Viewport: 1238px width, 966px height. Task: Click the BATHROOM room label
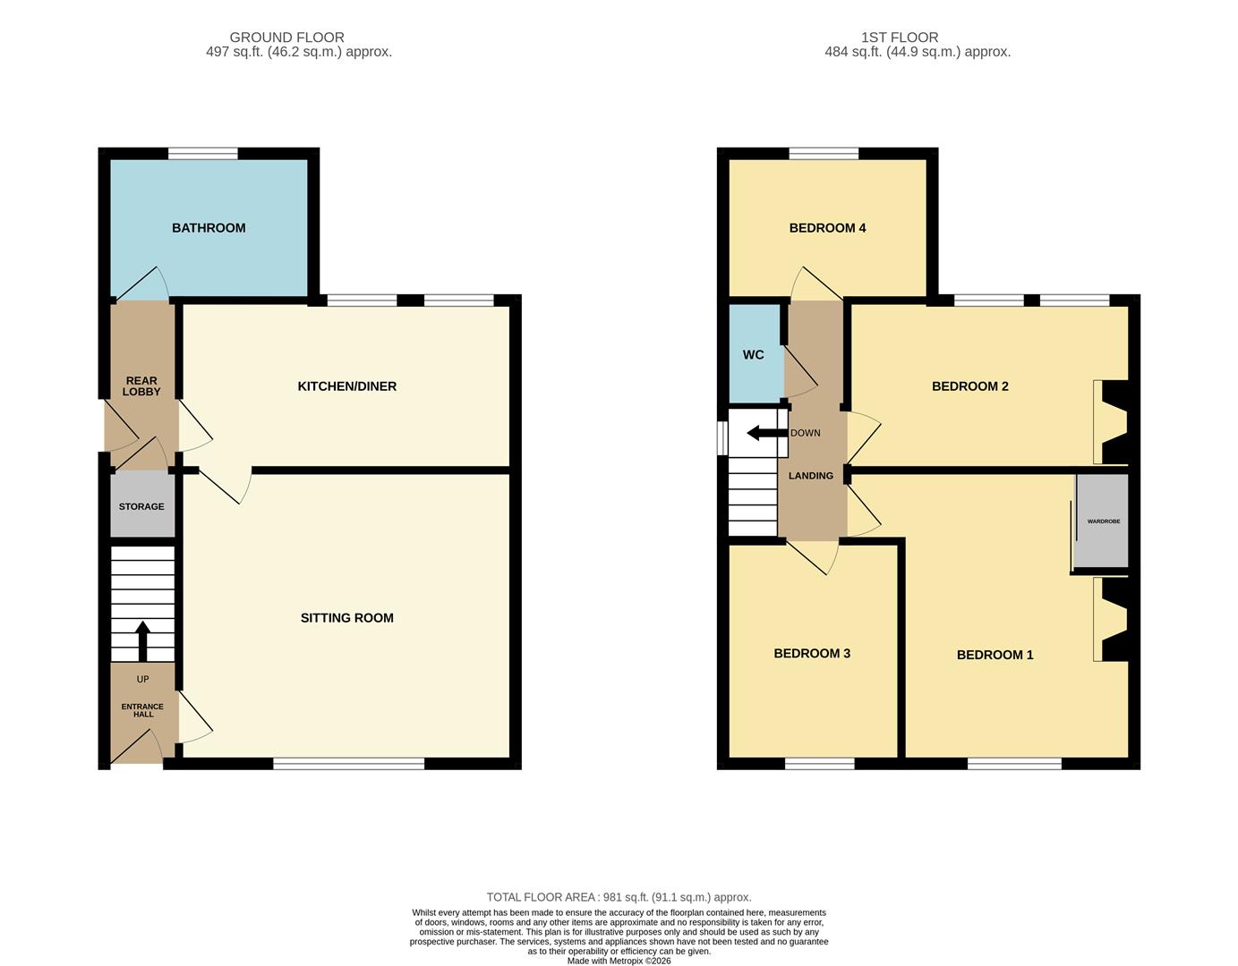pyautogui.click(x=209, y=228)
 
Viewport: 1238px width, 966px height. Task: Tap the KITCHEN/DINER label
pyautogui.click(x=347, y=386)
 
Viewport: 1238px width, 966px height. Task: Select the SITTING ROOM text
pyautogui.click(x=347, y=618)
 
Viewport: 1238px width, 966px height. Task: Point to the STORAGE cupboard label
pyautogui.click(x=141, y=506)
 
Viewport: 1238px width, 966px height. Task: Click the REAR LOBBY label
pyautogui.click(x=141, y=386)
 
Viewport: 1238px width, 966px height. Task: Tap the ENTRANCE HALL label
pyautogui.click(x=142, y=710)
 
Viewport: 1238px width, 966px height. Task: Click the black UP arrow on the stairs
pyautogui.click(x=142, y=640)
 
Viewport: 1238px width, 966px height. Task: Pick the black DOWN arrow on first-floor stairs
pyautogui.click(x=767, y=433)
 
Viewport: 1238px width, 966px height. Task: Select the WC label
pyautogui.click(x=753, y=354)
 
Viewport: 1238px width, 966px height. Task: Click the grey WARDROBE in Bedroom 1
pyautogui.click(x=1101, y=521)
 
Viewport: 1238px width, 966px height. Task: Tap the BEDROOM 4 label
pyautogui.click(x=827, y=228)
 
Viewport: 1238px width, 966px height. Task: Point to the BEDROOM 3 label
pyautogui.click(x=812, y=653)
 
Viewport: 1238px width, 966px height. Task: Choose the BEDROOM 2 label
pyautogui.click(x=969, y=386)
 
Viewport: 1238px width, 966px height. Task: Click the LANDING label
pyautogui.click(x=811, y=475)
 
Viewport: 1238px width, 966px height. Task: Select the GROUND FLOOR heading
pyautogui.click(x=286, y=38)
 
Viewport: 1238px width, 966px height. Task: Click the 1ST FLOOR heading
pyautogui.click(x=899, y=38)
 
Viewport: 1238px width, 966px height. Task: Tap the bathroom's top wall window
pyautogui.click(x=203, y=154)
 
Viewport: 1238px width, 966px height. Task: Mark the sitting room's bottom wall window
pyautogui.click(x=349, y=763)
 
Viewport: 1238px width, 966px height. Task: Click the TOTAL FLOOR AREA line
pyautogui.click(x=619, y=897)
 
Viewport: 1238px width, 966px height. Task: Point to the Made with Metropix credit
pyautogui.click(x=619, y=961)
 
